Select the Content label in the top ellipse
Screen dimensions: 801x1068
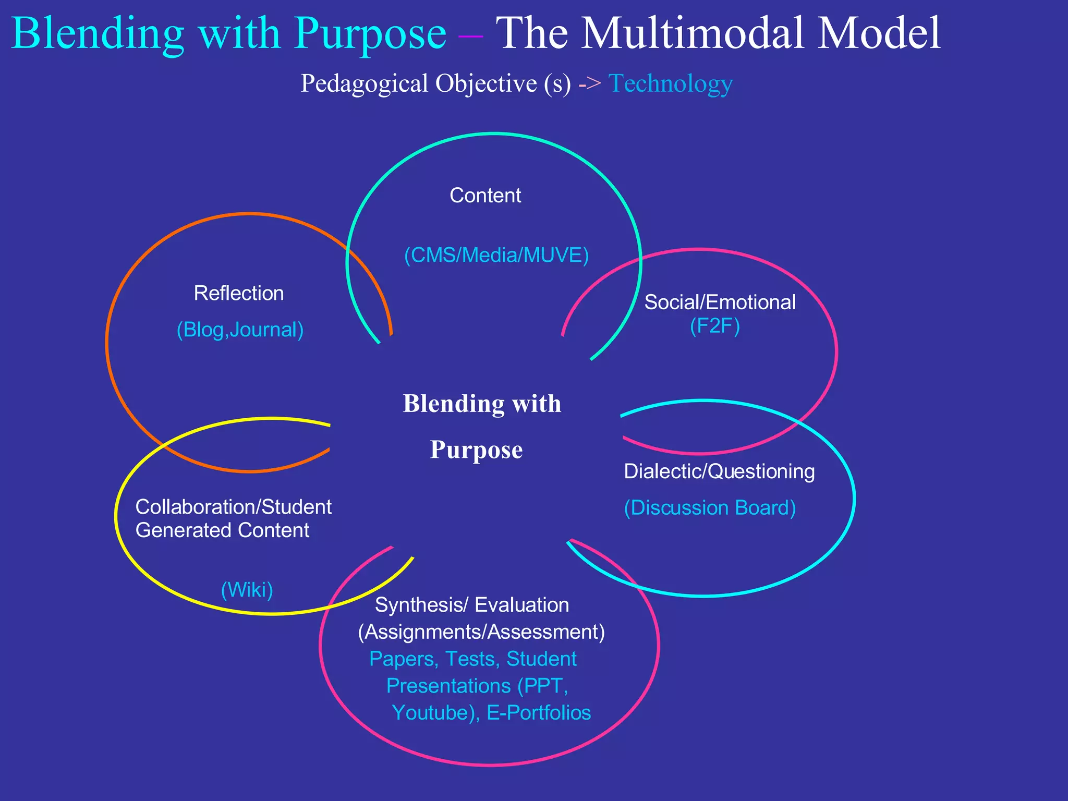click(x=485, y=196)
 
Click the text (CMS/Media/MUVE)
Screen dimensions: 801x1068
click(x=496, y=256)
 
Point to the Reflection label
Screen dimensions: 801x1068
click(x=239, y=294)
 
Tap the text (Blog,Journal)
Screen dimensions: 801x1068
click(x=240, y=330)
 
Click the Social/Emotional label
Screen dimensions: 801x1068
click(x=720, y=302)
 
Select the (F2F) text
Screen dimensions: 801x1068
click(x=714, y=326)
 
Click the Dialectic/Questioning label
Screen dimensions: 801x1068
click(x=719, y=471)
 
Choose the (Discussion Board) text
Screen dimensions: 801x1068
click(x=710, y=508)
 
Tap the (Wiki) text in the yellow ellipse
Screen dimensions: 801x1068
click(x=247, y=590)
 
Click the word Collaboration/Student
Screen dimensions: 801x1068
click(x=233, y=507)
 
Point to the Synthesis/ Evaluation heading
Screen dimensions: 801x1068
click(x=472, y=605)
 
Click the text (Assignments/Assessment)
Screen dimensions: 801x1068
click(x=481, y=632)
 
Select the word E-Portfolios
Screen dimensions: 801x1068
click(x=539, y=713)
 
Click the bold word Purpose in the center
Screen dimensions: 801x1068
click(x=476, y=450)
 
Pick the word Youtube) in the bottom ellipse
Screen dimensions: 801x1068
click(x=435, y=713)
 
